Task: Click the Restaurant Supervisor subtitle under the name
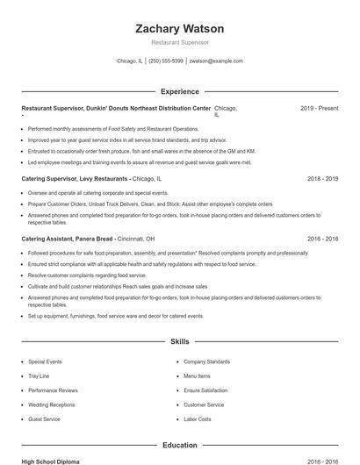click(179, 42)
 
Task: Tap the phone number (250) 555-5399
click(165, 61)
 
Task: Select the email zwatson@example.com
click(216, 61)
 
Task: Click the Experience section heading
click(179, 91)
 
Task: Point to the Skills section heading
click(179, 341)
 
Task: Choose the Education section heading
click(179, 445)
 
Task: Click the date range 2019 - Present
click(319, 108)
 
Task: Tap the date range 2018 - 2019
click(322, 178)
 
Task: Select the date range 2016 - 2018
click(322, 238)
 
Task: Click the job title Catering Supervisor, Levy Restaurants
click(75, 178)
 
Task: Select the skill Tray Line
click(39, 376)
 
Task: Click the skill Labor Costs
click(198, 419)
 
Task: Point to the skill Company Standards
click(206, 361)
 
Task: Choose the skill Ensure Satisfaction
click(205, 390)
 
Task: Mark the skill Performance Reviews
click(53, 390)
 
